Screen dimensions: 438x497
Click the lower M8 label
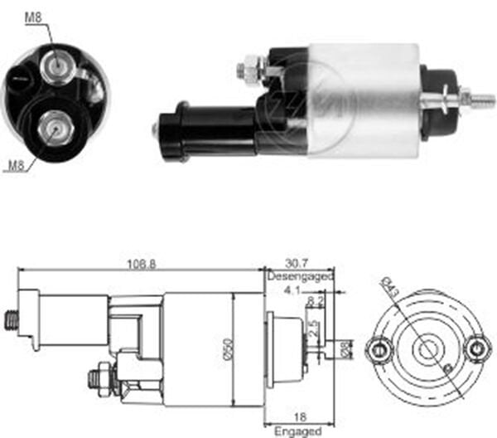(14, 165)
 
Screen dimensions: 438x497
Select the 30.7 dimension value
(298, 263)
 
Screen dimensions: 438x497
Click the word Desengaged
(300, 276)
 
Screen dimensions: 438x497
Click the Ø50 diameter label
(237, 349)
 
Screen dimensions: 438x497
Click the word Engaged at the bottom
(298, 432)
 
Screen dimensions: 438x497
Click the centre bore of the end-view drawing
(427, 349)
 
